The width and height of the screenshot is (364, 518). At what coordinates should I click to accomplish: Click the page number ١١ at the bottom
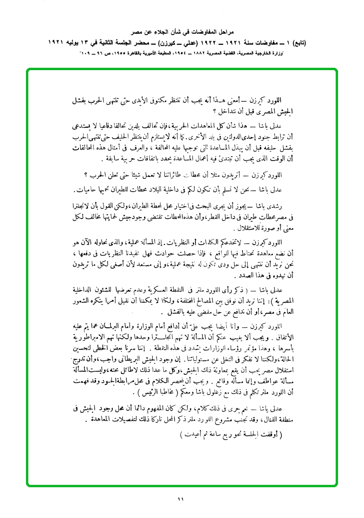(x=181, y=500)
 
